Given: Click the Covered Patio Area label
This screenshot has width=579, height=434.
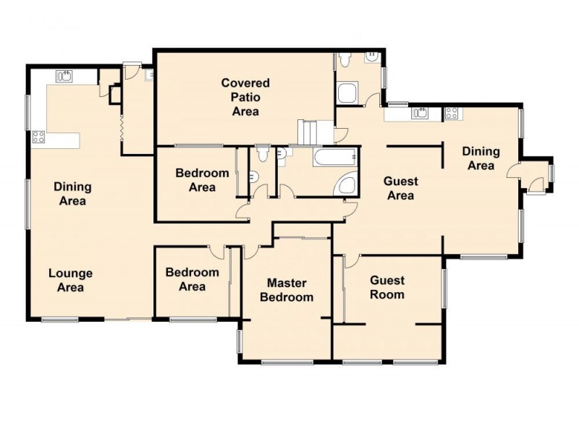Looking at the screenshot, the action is coord(245,97).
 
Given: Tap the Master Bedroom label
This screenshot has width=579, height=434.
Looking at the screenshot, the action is coord(287,290).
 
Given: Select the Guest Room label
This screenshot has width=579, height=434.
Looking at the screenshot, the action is coord(387,287).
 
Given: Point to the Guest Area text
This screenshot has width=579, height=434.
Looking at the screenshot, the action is coord(401,188).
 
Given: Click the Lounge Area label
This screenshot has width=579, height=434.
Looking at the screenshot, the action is coord(70,280).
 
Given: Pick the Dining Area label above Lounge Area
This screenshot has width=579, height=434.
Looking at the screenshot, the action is coord(72,194).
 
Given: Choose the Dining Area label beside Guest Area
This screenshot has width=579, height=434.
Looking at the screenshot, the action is coord(481,158).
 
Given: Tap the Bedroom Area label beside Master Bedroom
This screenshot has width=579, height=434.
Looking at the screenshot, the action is coord(192,279).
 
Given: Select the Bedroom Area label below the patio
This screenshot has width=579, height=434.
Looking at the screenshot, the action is coord(202,180).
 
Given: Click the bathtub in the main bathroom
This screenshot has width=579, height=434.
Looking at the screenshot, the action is coord(335,157).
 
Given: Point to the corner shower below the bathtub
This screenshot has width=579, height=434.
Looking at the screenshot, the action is coord(346,184).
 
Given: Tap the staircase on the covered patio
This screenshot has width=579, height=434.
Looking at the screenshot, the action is coord(308,132).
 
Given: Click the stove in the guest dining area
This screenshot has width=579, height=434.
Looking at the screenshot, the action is coord(451,113).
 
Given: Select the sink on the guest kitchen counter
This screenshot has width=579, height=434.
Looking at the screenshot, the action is coord(420,113).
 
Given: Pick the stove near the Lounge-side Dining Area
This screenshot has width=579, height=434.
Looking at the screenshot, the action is coord(38,137).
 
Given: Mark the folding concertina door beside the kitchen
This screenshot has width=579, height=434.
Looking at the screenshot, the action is coord(121,128).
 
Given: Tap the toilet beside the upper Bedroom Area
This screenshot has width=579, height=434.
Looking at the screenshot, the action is coord(263,153).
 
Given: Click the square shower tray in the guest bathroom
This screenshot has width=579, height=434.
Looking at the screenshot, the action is coord(347,93).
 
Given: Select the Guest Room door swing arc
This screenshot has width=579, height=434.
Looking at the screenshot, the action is coord(353,261).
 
